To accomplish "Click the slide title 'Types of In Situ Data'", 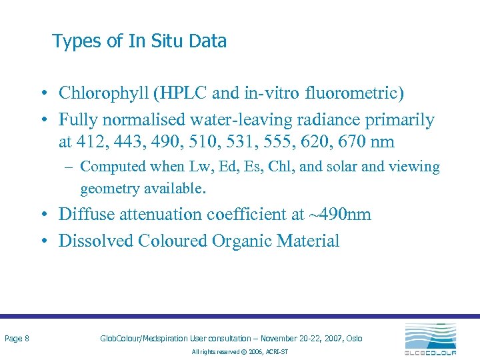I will (x=139, y=41).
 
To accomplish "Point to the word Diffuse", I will (x=85, y=214).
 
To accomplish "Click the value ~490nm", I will (x=339, y=214).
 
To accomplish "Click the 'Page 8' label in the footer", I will (x=17, y=339).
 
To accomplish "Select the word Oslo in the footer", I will (x=354, y=339).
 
